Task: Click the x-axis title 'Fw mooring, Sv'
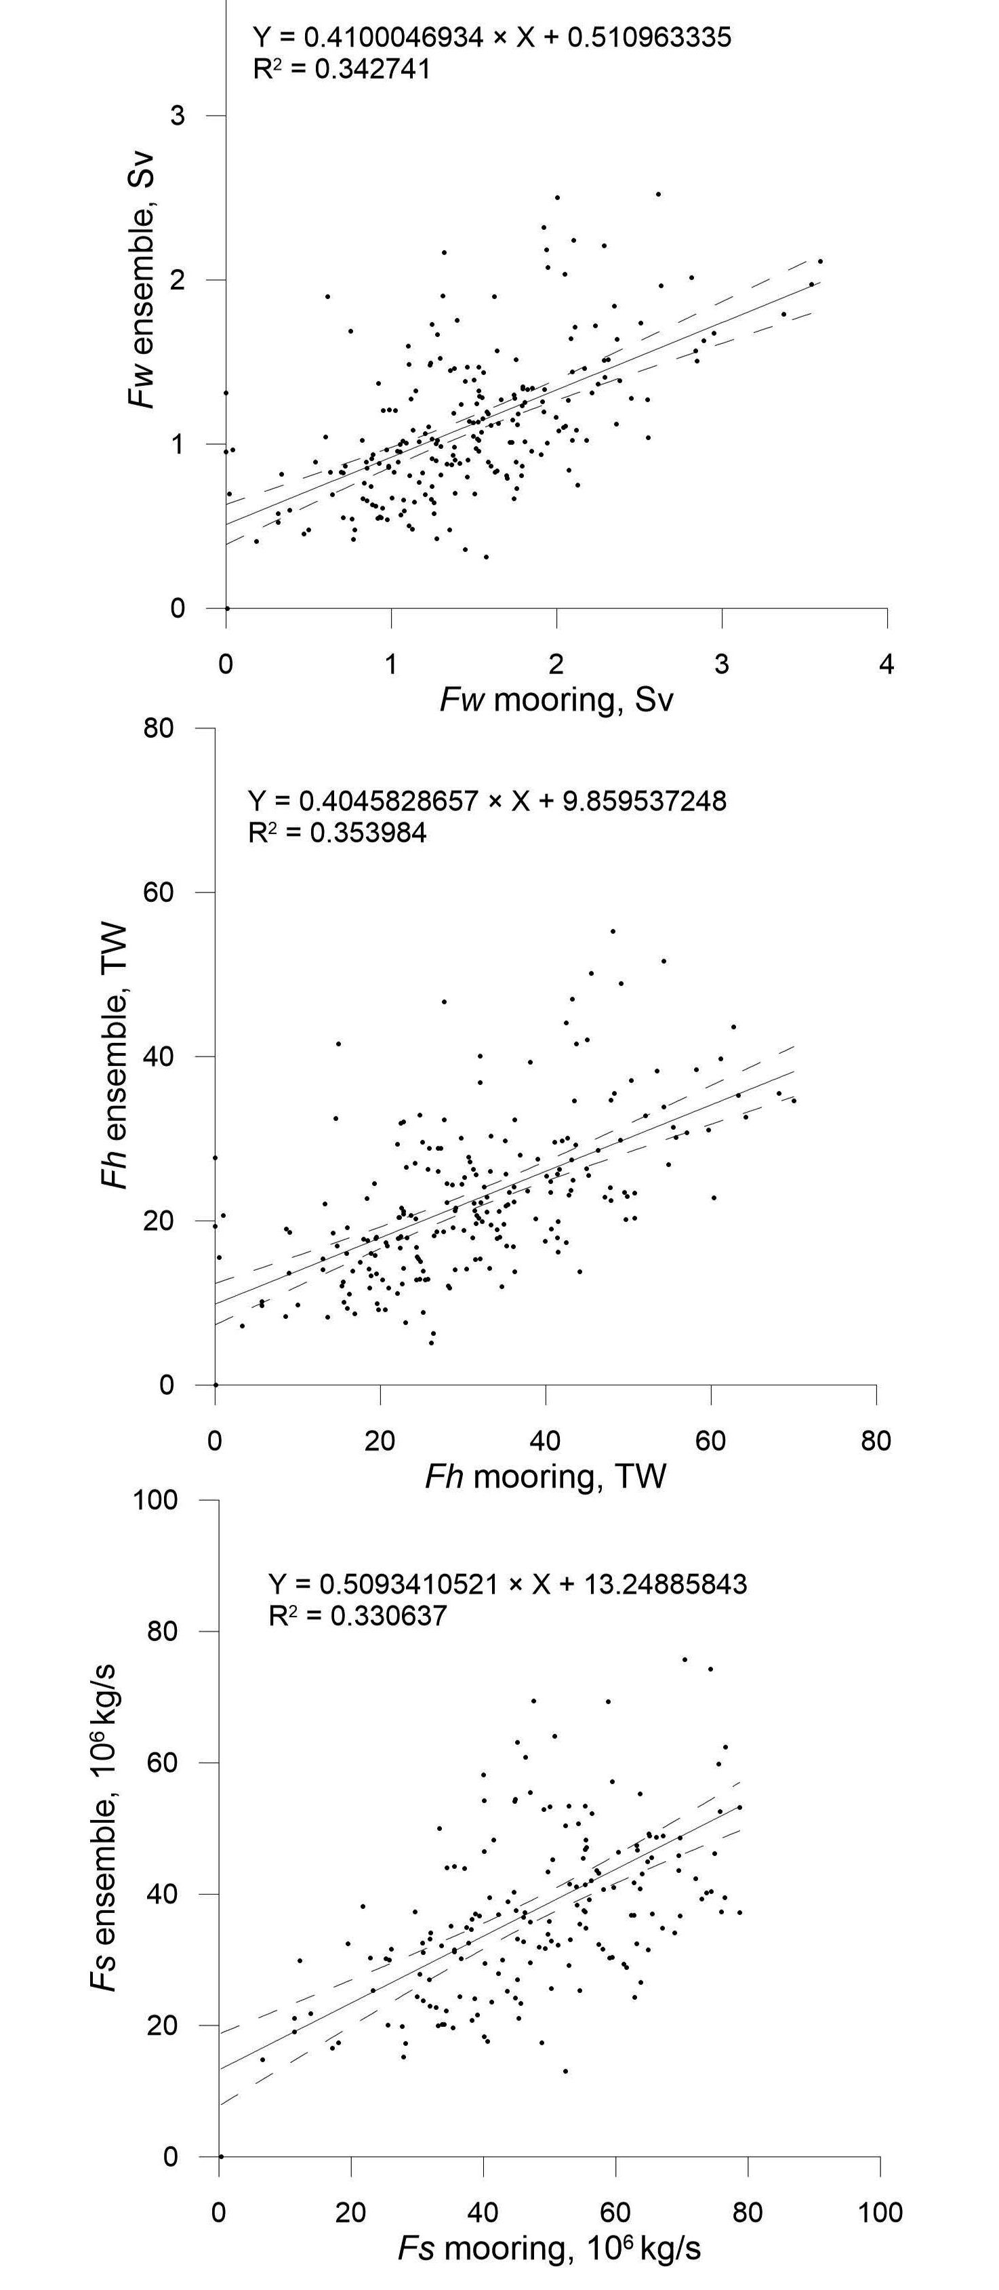[556, 700]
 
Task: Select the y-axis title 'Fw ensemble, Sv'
[142, 281]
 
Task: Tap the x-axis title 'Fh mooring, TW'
[545, 1476]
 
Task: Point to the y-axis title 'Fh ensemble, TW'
[115, 1056]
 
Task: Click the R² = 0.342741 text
[342, 68]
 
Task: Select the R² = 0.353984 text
[337, 833]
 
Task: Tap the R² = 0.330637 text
[357, 1615]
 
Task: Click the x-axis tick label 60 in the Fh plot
[710, 1440]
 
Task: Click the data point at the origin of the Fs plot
[220, 2156]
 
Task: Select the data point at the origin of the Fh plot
[215, 1385]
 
